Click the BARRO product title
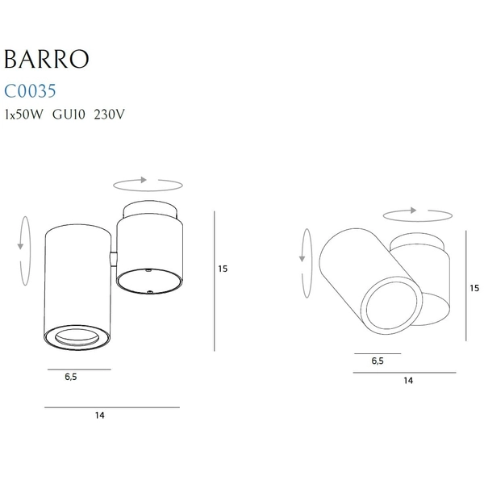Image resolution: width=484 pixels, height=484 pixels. (46, 60)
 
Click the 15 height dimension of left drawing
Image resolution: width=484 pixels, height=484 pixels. (223, 269)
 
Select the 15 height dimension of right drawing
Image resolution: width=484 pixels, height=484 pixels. (474, 287)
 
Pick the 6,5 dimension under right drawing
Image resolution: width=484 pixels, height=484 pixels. (378, 361)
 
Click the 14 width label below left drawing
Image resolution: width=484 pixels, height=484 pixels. (100, 416)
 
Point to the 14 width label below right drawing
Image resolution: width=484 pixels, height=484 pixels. (408, 380)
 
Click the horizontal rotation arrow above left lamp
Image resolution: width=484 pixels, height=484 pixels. (148, 184)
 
